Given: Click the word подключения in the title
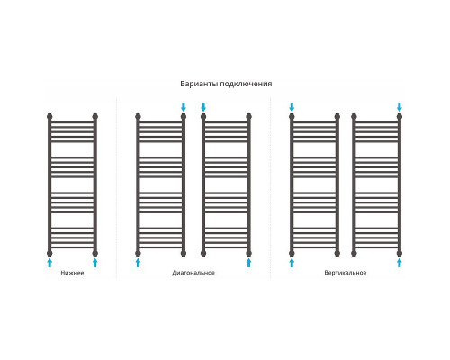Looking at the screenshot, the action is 247,84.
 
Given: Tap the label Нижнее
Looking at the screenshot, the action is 72,273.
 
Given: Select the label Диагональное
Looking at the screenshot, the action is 193,273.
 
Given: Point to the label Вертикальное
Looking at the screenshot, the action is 346,273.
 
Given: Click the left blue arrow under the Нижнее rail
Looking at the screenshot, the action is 49,263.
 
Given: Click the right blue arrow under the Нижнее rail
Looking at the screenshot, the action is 95,263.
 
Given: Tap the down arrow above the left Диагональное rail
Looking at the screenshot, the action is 184,107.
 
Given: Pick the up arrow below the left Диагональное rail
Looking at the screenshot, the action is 138,263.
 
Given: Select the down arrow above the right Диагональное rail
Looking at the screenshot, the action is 203,107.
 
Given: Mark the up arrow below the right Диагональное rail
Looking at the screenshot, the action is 248,263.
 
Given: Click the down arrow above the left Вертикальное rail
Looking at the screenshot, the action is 292,107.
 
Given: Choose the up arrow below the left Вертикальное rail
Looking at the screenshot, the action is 292,263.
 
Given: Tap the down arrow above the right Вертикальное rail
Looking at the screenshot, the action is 400,107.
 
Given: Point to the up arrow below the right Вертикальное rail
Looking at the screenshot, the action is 400,263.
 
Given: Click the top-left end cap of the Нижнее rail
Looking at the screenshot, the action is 49,116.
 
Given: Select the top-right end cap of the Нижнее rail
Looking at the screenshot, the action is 95,116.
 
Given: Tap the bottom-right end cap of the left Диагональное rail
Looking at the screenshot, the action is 184,253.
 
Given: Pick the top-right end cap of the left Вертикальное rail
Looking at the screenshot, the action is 337,116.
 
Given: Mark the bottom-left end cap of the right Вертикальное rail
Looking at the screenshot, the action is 354,253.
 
